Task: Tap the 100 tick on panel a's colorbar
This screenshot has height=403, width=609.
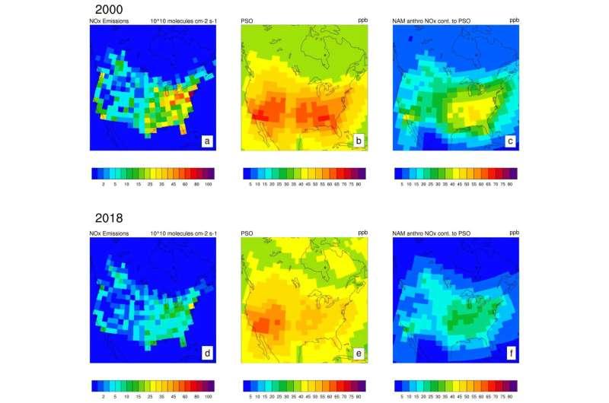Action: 208,183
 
